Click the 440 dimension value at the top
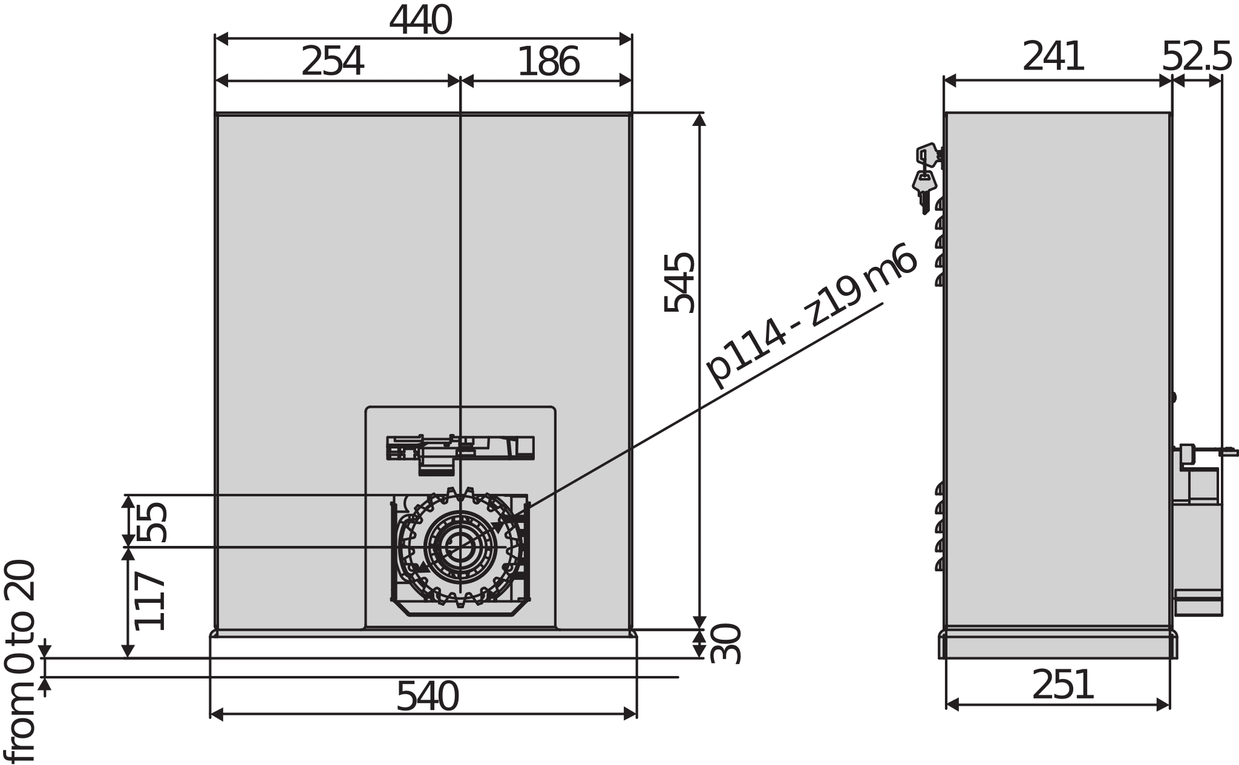[x=420, y=21]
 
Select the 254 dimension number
[x=332, y=62]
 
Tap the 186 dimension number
[x=548, y=62]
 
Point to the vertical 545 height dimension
[x=679, y=282]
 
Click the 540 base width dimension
[x=427, y=697]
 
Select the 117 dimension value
[x=150, y=600]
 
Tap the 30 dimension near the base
[x=725, y=643]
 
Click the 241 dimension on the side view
[x=1053, y=57]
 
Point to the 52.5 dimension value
[x=1196, y=57]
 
